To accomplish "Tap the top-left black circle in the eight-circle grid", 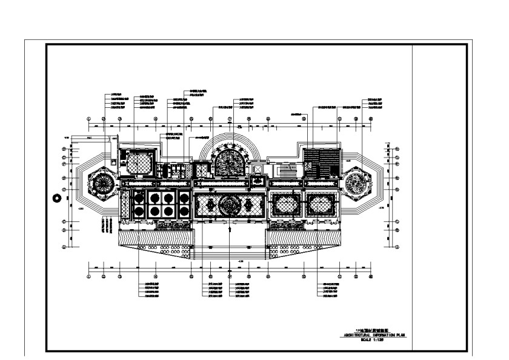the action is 138,197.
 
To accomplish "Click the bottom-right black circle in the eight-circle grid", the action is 184,211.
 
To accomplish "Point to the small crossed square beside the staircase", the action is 256,170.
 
